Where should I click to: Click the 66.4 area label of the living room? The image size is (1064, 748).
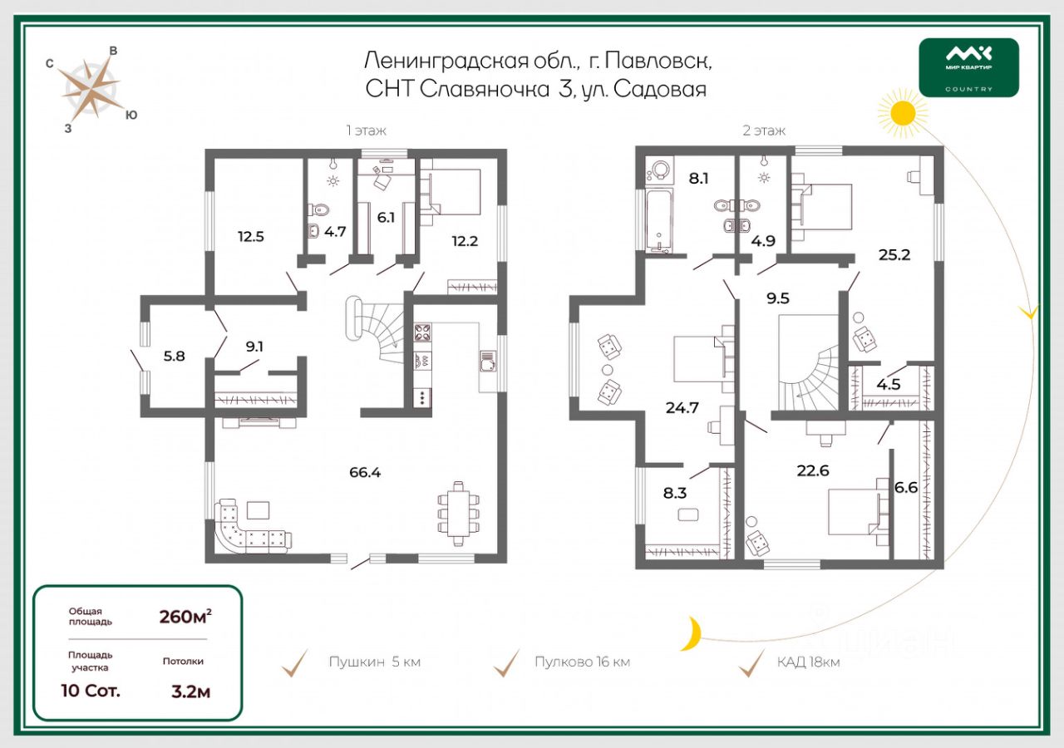[365, 473]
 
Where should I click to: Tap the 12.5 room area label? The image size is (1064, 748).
[250, 236]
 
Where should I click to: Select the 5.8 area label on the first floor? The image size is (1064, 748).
[174, 356]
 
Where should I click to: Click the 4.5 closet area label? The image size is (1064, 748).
[889, 384]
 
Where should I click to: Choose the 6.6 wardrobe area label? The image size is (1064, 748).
[906, 488]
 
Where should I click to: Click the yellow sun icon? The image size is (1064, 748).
[902, 112]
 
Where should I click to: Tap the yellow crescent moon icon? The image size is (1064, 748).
[690, 633]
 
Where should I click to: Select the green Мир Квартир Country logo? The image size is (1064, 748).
[968, 67]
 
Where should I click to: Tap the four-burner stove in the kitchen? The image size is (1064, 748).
[421, 332]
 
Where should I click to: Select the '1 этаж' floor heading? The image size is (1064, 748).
[367, 130]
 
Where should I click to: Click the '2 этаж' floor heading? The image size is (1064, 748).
[764, 130]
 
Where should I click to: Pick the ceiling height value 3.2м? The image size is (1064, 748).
[190, 691]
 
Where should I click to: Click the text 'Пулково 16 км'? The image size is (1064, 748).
[582, 662]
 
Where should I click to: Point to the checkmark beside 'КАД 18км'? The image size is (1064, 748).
[752, 663]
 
